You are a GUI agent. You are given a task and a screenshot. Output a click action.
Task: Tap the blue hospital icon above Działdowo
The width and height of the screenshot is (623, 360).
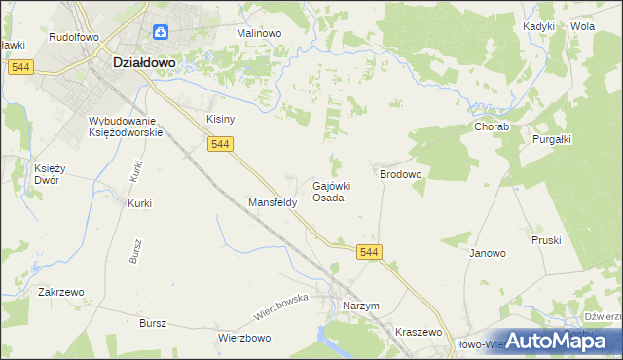click(x=159, y=33)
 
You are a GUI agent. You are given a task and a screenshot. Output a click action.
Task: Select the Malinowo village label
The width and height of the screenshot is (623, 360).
click(x=259, y=33)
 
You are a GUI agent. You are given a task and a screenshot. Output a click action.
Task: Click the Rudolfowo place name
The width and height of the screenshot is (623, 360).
click(x=74, y=36)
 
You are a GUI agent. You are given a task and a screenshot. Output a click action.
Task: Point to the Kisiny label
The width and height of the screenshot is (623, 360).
click(x=221, y=119)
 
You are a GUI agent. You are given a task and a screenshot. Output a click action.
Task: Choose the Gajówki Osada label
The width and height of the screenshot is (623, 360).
click(x=331, y=191)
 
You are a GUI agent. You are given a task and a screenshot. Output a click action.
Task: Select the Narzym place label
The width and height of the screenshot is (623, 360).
click(x=360, y=306)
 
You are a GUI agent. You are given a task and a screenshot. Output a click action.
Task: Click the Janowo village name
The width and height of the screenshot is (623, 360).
click(x=488, y=253)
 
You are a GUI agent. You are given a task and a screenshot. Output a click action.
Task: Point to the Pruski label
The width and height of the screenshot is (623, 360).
click(x=546, y=239)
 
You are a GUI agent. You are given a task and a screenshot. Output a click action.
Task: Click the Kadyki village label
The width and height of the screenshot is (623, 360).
click(x=538, y=26)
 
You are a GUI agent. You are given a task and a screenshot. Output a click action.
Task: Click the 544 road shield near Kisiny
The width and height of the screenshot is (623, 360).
click(x=220, y=144)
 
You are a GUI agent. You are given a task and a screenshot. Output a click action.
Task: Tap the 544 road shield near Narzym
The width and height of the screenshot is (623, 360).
click(x=369, y=252)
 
